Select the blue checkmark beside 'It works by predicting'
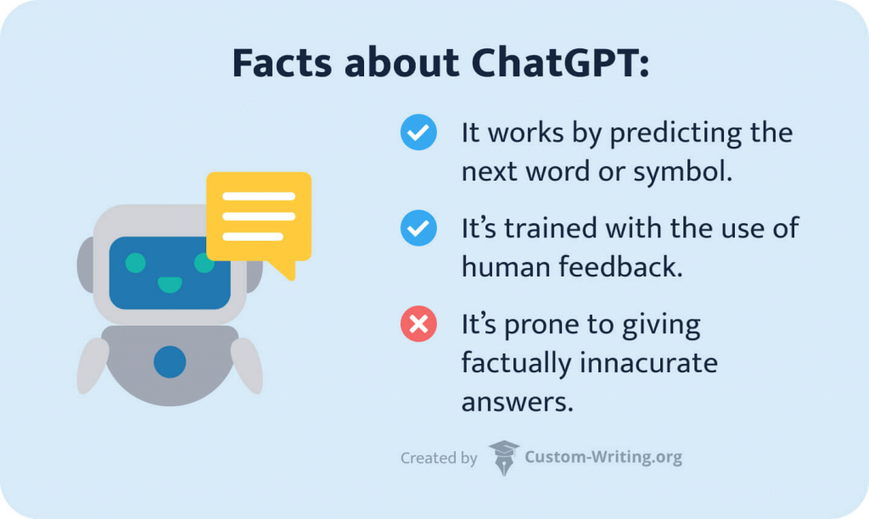(x=418, y=133)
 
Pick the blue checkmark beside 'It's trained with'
(x=418, y=228)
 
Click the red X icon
(x=418, y=324)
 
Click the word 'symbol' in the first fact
(x=682, y=171)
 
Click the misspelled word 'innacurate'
(x=649, y=362)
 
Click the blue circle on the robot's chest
(x=170, y=362)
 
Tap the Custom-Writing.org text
(x=603, y=458)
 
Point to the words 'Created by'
(x=439, y=458)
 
